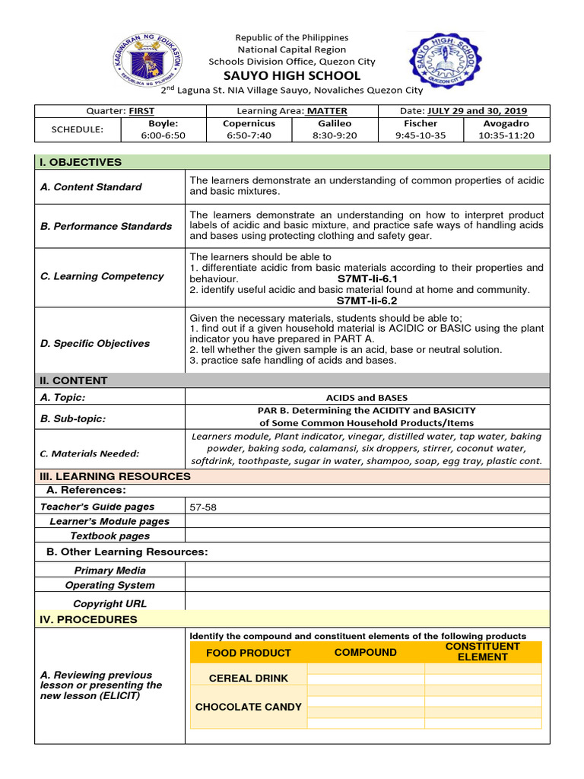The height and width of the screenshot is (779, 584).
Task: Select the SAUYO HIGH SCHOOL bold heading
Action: [291, 75]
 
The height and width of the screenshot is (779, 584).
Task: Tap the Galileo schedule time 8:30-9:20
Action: [335, 135]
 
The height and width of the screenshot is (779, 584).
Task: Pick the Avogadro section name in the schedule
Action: [506, 123]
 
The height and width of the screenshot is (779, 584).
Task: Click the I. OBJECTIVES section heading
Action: [81, 162]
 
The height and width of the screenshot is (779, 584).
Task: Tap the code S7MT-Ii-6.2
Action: [367, 300]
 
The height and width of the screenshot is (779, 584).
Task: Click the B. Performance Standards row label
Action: [106, 226]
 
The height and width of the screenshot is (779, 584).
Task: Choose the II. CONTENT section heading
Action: [74, 380]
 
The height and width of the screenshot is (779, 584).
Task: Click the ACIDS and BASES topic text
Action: [367, 397]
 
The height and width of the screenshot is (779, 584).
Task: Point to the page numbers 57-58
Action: [203, 507]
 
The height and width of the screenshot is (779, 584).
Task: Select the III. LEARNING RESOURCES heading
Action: [115, 476]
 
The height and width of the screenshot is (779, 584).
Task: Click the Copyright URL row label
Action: [109, 603]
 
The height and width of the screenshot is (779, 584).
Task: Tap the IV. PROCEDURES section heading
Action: [88, 619]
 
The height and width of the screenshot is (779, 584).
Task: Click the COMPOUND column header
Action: [365, 652]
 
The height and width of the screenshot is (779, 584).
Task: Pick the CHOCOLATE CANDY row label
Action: [249, 707]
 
